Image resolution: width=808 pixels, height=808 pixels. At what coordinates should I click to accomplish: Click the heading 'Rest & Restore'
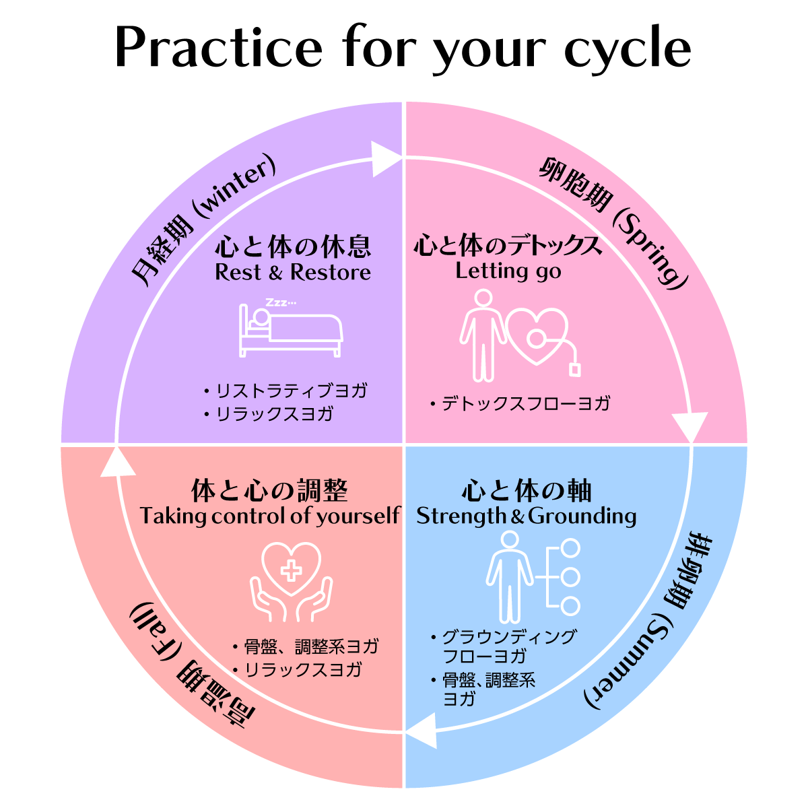293,273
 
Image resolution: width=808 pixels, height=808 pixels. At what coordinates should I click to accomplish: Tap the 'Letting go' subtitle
508,271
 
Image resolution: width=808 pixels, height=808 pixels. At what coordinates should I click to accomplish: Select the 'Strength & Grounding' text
526,516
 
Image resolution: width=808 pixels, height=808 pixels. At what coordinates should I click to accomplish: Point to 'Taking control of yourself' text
270,516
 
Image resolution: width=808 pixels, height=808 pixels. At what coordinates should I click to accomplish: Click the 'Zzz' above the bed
279,302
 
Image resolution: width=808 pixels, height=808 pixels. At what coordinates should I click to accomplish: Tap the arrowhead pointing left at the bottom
422,731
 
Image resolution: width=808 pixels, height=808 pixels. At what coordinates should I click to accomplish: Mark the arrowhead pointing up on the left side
116,463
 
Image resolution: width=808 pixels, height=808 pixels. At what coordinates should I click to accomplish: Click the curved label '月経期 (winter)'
202,220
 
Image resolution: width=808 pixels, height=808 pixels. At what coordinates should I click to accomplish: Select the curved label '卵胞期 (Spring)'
613,220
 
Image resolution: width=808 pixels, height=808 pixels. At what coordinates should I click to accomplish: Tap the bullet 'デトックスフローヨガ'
525,404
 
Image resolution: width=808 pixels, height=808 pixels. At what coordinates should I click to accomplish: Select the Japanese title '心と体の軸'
526,492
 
